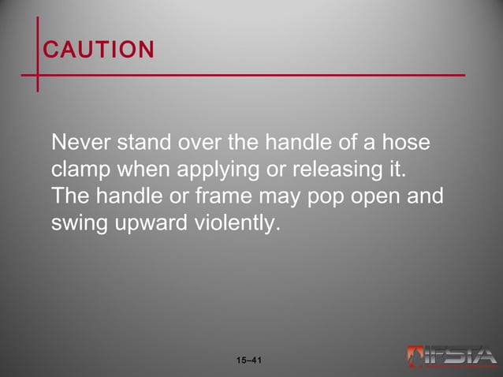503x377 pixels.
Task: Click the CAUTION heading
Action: tap(99, 50)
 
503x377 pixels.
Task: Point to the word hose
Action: tap(410, 144)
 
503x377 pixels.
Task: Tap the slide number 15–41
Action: tap(249, 361)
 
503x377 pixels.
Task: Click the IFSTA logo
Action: tap(452, 356)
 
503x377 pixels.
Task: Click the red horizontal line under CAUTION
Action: tap(252, 76)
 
